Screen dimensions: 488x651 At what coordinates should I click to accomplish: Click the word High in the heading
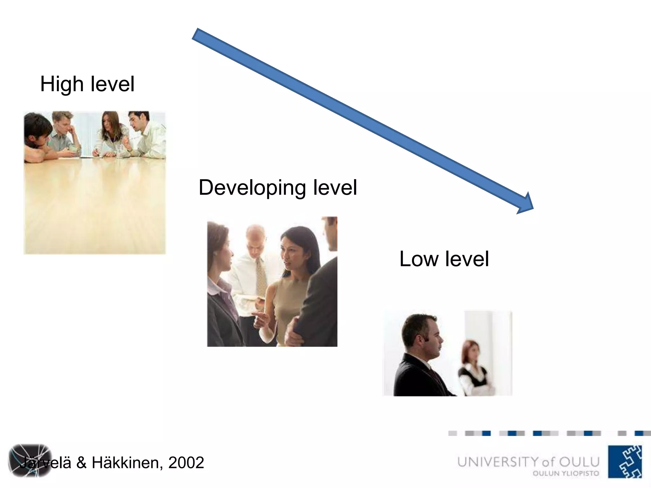coord(62,84)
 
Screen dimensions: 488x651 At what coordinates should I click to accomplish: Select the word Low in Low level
coord(419,259)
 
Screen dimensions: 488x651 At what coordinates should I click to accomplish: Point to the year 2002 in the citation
coord(186,463)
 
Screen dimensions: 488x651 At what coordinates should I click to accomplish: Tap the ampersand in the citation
coord(81,463)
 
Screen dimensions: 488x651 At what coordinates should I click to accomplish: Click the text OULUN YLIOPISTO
coord(566,473)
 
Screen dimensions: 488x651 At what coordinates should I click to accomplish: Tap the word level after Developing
coord(335,188)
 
